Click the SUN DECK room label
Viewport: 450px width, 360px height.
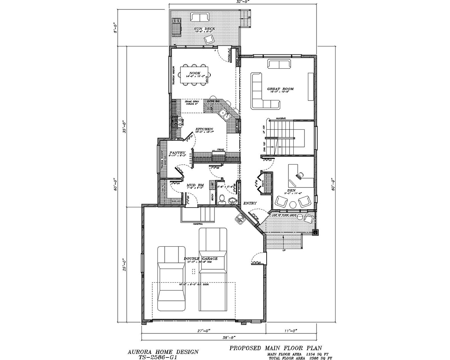(201, 29)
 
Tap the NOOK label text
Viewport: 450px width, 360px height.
(195, 73)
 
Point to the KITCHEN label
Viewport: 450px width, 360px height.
(204, 129)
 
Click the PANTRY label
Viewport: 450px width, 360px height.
(177, 153)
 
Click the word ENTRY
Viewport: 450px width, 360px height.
(250, 203)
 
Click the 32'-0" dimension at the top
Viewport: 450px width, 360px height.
(243, 2)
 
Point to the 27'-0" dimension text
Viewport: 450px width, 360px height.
(203, 330)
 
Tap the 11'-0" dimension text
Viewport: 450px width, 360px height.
(290, 330)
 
